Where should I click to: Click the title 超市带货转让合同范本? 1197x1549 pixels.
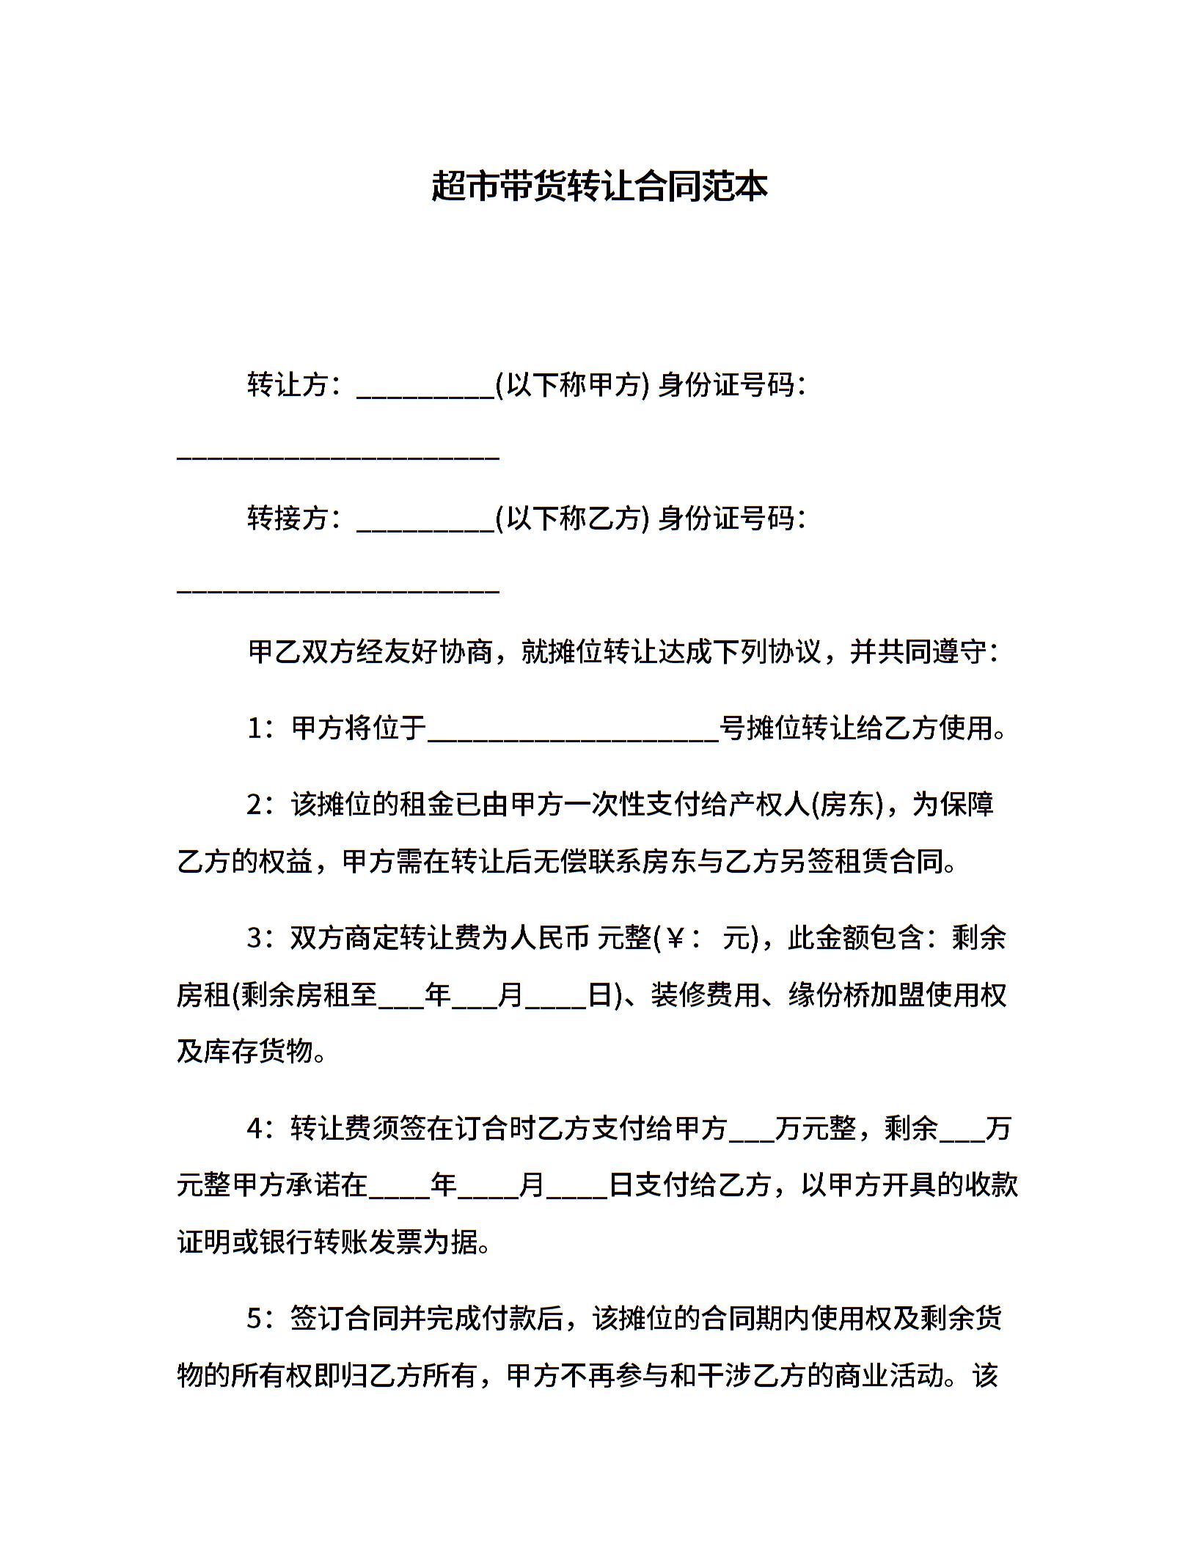click(598, 186)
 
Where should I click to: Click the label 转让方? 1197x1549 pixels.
click(287, 384)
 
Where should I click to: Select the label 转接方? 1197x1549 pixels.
click(287, 519)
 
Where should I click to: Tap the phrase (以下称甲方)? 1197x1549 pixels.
click(571, 384)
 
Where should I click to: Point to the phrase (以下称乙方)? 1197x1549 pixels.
click(571, 519)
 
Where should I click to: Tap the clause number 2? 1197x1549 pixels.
click(255, 805)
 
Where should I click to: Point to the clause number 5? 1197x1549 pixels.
click(255, 1319)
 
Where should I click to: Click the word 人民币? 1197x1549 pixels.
click(549, 938)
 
